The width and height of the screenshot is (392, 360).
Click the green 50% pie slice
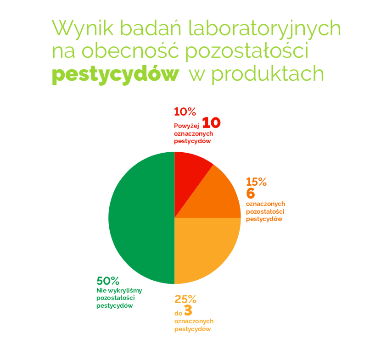(x=141, y=218)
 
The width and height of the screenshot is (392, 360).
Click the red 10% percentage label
(x=185, y=112)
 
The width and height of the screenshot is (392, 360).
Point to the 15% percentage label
(x=256, y=182)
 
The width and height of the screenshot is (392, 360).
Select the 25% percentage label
(x=185, y=299)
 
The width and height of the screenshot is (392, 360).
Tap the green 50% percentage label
(x=108, y=281)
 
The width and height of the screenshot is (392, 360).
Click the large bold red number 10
(x=211, y=122)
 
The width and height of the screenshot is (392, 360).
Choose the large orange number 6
(x=251, y=193)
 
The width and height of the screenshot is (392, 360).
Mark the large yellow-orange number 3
(x=188, y=310)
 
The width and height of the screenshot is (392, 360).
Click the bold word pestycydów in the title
(x=116, y=74)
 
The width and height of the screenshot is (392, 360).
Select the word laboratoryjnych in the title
(x=265, y=28)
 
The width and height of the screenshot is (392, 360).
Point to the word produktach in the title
(x=268, y=74)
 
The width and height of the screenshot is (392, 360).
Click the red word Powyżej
(x=186, y=126)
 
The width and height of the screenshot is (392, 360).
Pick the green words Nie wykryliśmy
(x=119, y=291)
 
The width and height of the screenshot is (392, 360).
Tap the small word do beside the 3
(x=178, y=313)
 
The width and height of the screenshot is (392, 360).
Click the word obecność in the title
(x=130, y=51)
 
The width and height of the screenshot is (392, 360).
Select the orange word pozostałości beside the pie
(x=265, y=211)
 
